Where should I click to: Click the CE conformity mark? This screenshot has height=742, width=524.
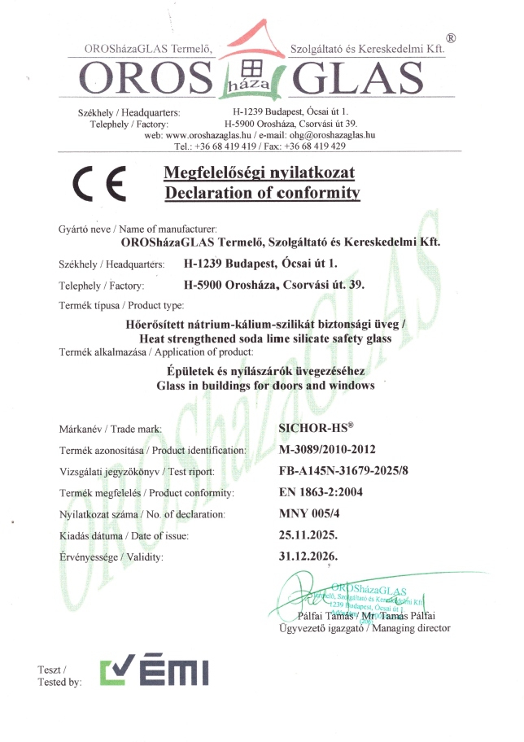pos(98,184)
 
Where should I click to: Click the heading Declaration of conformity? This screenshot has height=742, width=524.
pos(261,193)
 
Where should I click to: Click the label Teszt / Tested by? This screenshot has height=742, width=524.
pos(59,675)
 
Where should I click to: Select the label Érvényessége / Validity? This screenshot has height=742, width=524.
pos(111,557)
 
